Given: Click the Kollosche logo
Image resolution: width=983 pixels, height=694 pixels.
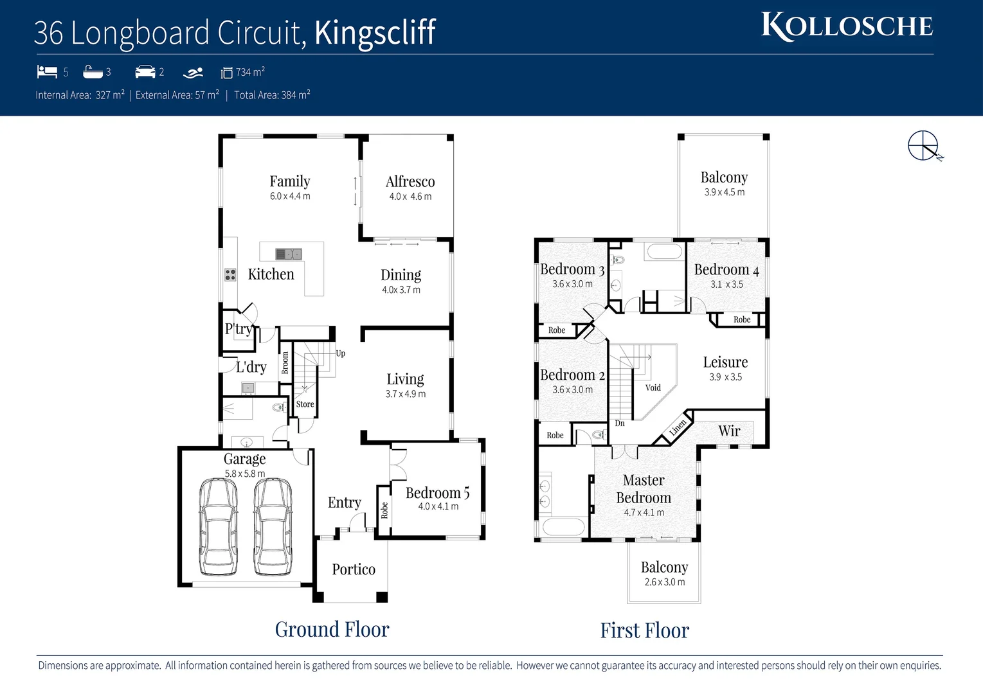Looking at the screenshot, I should pyautogui.click(x=847, y=26).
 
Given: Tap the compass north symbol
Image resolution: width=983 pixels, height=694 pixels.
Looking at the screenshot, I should pyautogui.click(x=924, y=146).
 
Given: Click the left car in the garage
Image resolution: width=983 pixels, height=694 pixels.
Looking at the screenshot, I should pyautogui.click(x=218, y=527).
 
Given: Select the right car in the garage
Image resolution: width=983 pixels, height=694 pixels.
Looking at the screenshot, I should pyautogui.click(x=273, y=527).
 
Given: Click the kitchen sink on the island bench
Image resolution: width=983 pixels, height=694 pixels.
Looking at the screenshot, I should pyautogui.click(x=289, y=254).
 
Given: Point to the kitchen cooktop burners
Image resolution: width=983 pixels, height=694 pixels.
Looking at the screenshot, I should pyautogui.click(x=230, y=275).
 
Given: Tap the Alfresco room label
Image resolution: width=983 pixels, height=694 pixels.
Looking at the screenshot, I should pyautogui.click(x=410, y=182).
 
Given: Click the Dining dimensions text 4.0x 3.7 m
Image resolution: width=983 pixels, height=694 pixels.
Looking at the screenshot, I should pyautogui.click(x=401, y=290).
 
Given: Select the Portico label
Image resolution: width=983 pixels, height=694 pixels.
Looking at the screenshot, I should pyautogui.click(x=354, y=569).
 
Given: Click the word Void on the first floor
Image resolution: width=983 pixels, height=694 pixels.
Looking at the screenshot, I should pyautogui.click(x=653, y=387).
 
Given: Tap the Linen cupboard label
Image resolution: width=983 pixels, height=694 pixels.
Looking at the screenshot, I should pyautogui.click(x=678, y=427).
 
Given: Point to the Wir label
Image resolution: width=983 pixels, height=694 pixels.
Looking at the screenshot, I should pyautogui.click(x=729, y=431).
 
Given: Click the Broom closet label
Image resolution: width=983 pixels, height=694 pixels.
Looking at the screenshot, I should pyautogui.click(x=285, y=362).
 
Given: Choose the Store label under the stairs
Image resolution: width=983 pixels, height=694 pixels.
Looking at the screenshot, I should pyautogui.click(x=305, y=404).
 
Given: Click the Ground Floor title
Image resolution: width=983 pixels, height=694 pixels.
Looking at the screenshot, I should pyautogui.click(x=332, y=629).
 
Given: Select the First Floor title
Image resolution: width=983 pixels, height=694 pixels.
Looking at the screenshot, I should pyautogui.click(x=644, y=630).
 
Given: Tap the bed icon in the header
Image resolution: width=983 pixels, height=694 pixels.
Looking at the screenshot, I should pyautogui.click(x=47, y=72).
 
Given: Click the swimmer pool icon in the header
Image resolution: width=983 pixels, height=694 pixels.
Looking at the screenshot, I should pyautogui.click(x=193, y=73).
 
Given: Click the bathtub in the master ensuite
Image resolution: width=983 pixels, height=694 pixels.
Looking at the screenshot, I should pyautogui.click(x=563, y=528).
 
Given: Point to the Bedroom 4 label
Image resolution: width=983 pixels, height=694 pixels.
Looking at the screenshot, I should pyautogui.click(x=726, y=270).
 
